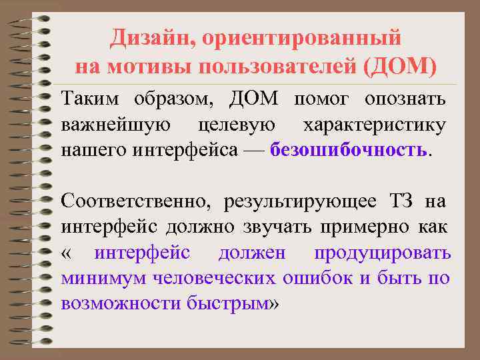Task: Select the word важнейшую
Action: (x=115, y=125)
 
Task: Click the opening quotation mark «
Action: (x=67, y=253)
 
